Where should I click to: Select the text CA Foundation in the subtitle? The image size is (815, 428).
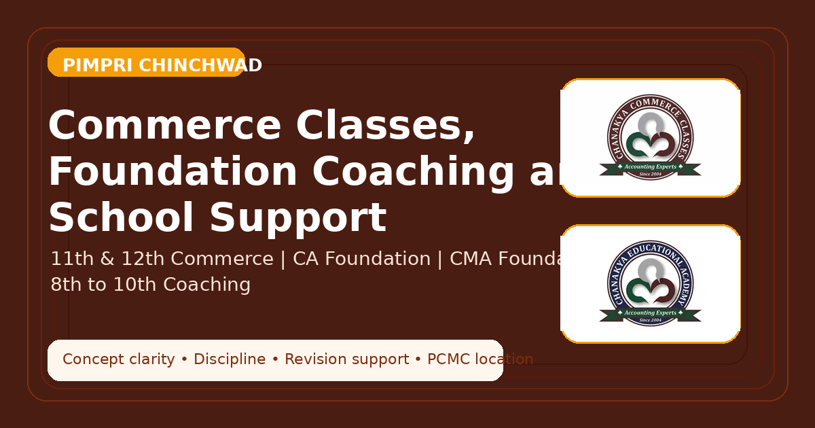pyautogui.click(x=361, y=259)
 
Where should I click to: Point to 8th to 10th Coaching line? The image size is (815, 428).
pyautogui.click(x=150, y=285)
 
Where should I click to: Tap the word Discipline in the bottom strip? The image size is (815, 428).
pyautogui.click(x=230, y=359)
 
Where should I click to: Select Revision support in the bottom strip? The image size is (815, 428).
pyautogui.click(x=346, y=359)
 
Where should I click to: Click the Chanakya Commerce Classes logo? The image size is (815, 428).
pyautogui.click(x=650, y=138)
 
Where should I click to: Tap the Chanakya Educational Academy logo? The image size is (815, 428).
pyautogui.click(x=650, y=284)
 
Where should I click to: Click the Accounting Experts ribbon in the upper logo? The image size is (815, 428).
pyautogui.click(x=650, y=166)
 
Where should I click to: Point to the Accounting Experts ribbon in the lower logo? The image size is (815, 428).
pyautogui.click(x=650, y=313)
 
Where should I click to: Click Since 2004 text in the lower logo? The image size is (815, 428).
pyautogui.click(x=650, y=320)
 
